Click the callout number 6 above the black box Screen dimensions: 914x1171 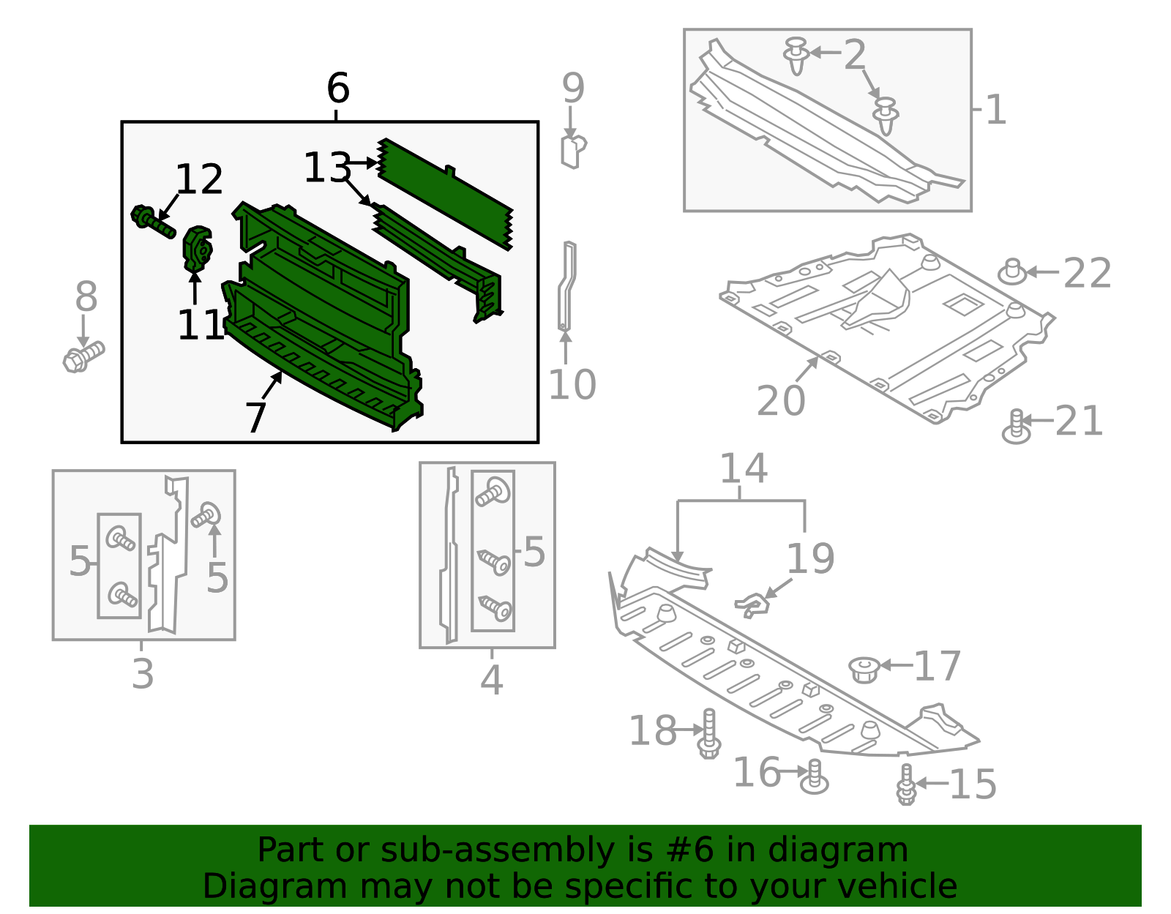click(337, 89)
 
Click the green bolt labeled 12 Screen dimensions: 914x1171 click(151, 221)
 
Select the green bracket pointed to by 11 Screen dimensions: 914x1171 click(197, 249)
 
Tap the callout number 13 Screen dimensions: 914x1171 click(326, 168)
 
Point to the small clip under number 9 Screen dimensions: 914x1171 click(573, 151)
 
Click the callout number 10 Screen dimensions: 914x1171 click(572, 384)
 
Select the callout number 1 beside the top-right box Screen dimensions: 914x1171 click(995, 110)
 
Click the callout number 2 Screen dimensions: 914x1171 click(854, 55)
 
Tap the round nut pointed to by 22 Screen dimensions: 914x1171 click(1012, 272)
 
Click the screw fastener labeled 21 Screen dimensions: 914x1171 click(1016, 427)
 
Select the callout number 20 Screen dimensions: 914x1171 click(780, 400)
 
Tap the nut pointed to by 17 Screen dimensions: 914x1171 click(864, 668)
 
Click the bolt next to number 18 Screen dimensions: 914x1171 click(708, 733)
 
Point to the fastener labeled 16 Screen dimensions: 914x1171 click(814, 777)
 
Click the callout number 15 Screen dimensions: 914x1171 click(972, 784)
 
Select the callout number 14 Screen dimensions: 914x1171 click(743, 468)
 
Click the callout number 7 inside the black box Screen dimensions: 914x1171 click(255, 418)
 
